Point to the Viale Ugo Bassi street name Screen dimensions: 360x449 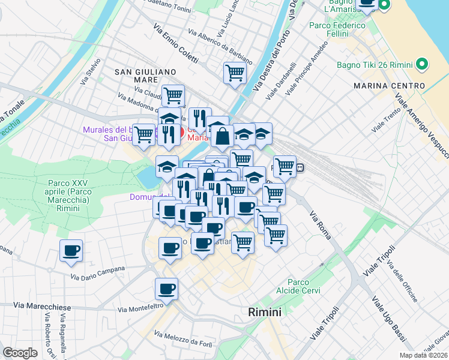(x=385, y=319)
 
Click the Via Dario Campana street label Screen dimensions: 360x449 (x=98, y=273)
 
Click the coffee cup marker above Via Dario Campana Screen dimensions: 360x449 (x=71, y=251)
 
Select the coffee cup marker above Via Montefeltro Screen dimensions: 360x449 (x=166, y=289)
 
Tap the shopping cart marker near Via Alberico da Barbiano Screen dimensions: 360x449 (x=235, y=73)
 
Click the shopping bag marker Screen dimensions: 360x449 (x=221, y=136)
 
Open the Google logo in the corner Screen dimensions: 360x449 (x=20, y=353)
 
